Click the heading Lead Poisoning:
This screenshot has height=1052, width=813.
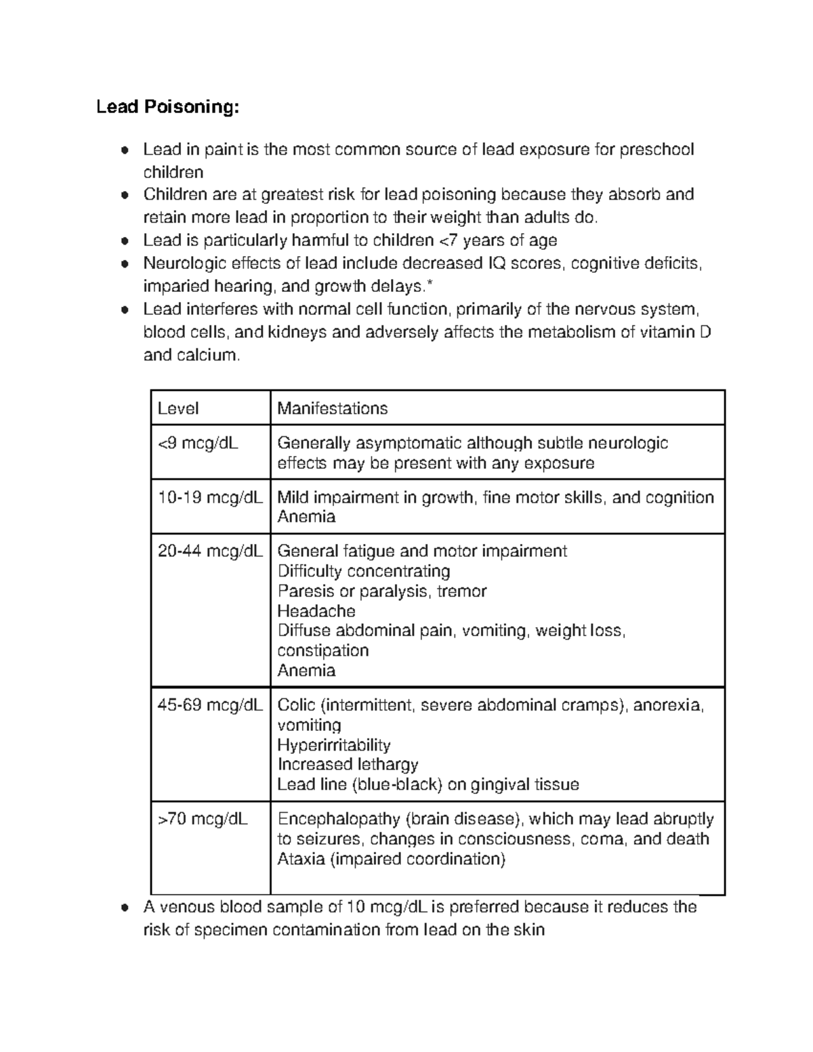[x=167, y=107]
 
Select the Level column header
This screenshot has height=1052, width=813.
[x=178, y=408]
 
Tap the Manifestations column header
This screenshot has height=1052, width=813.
[x=332, y=408]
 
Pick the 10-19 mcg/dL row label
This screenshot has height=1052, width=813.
[x=210, y=498]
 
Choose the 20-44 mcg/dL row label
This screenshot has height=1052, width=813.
[x=210, y=551]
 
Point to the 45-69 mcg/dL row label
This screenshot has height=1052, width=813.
[x=210, y=705]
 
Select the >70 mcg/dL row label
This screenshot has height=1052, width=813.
[x=203, y=819]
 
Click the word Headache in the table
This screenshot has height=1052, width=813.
[x=316, y=611]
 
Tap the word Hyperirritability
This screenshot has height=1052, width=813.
[x=334, y=745]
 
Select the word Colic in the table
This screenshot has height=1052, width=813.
[x=297, y=705]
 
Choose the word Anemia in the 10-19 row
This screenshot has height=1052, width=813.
[x=306, y=517]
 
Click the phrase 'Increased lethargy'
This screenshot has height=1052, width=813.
[x=348, y=765]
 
